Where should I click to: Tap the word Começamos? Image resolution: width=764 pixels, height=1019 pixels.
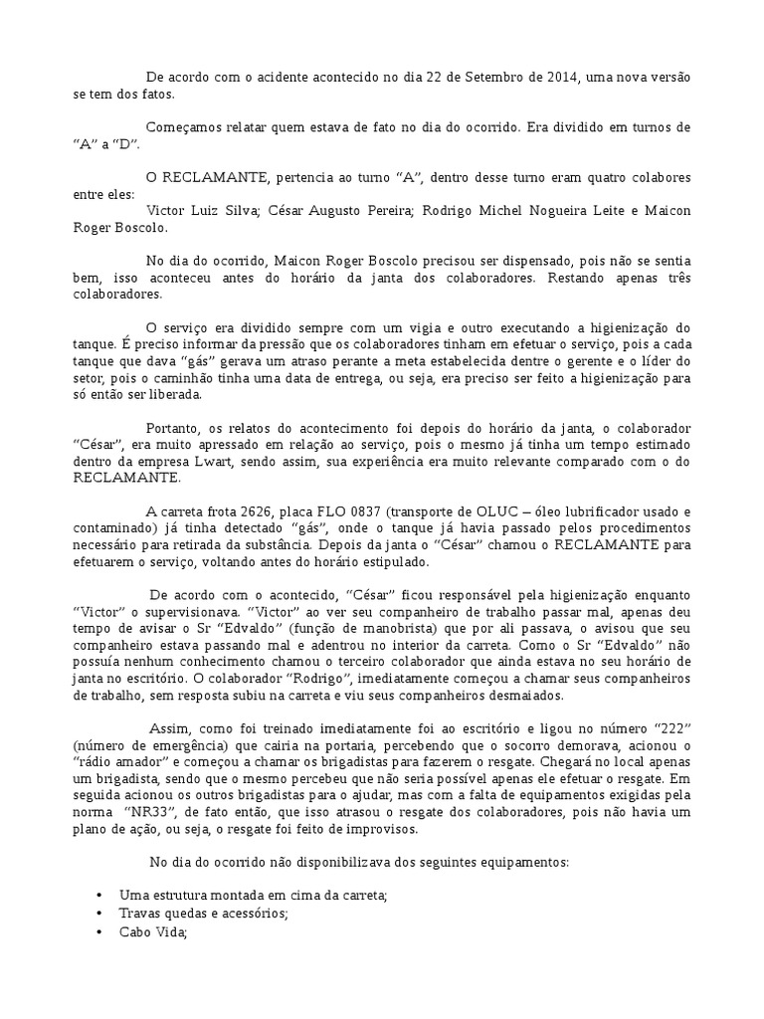point(184,127)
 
